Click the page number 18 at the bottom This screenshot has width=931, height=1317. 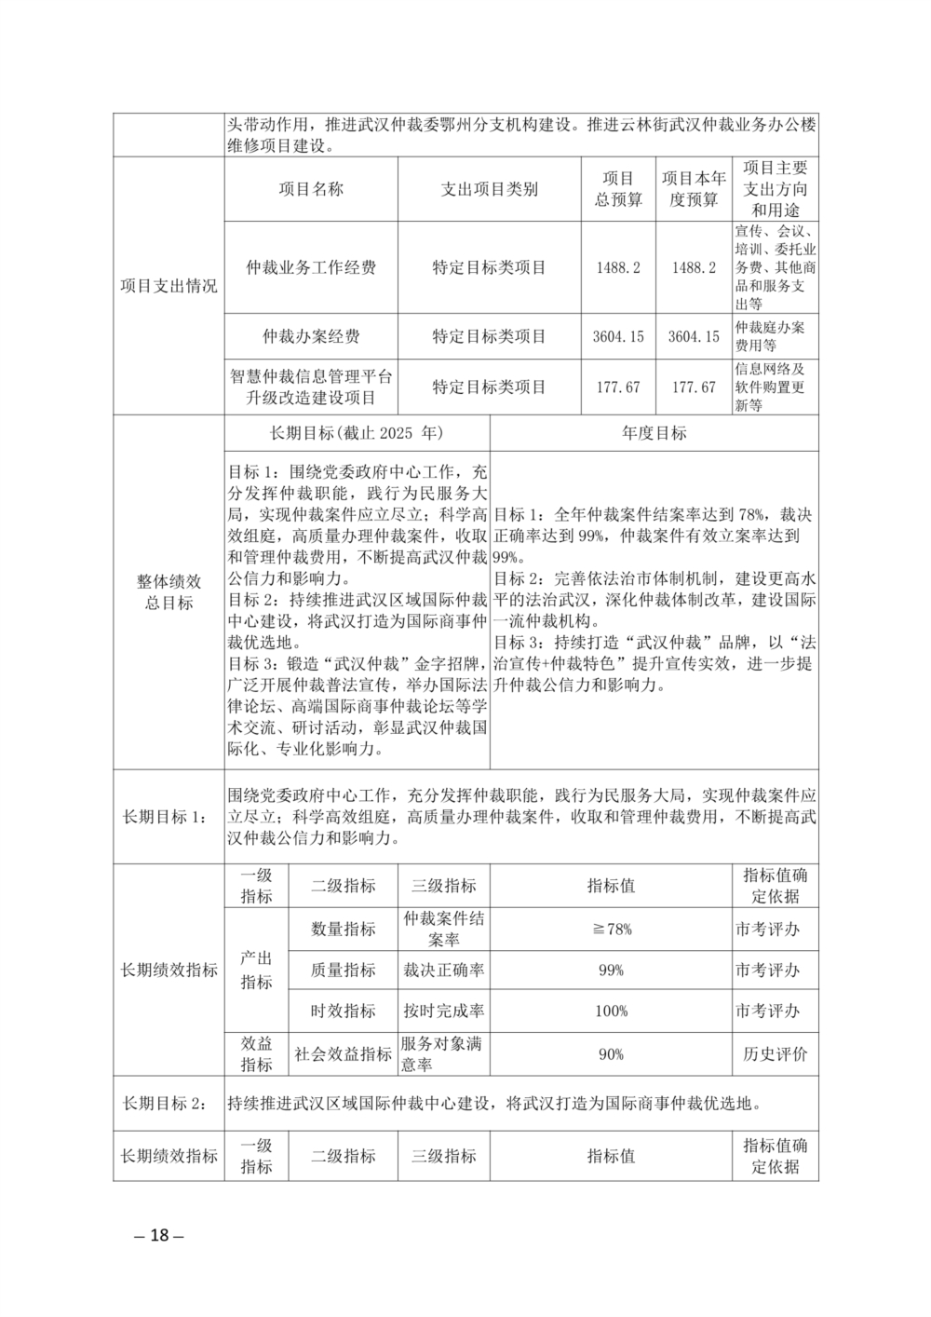[159, 1235]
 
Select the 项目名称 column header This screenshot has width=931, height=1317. [311, 189]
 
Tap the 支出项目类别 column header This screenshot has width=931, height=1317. [489, 189]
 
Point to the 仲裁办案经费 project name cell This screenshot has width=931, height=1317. [311, 336]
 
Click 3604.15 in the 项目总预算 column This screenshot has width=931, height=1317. [618, 336]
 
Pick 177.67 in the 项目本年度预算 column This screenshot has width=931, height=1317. [694, 387]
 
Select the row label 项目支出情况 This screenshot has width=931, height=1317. [169, 286]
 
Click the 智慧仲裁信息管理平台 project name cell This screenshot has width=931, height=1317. [311, 387]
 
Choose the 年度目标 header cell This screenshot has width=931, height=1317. [654, 433]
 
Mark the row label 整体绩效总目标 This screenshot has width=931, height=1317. [169, 591]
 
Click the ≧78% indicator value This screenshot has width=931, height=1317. [611, 929]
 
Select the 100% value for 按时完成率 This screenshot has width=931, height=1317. [611, 1011]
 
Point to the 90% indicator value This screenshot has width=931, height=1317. [611, 1054]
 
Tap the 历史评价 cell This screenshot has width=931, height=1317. [775, 1054]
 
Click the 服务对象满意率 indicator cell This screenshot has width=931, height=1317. [443, 1053]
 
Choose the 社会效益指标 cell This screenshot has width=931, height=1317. [343, 1054]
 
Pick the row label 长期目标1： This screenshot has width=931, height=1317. [169, 817]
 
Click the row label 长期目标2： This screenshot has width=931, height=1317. [169, 1104]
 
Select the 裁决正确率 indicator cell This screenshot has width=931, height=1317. [443, 970]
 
